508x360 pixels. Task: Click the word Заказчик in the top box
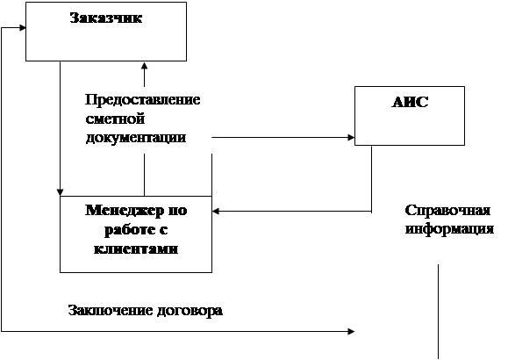(x=106, y=18)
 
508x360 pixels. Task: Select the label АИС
(x=410, y=102)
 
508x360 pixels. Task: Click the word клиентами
(x=136, y=248)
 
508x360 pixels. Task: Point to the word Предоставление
(x=142, y=99)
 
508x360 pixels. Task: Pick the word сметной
(x=115, y=119)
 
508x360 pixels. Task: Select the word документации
(x=136, y=138)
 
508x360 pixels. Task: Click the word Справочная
(x=447, y=211)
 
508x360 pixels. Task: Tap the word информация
(x=449, y=229)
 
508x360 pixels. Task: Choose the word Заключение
(x=111, y=310)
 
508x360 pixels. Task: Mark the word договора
(x=190, y=311)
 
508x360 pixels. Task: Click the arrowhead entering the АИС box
(x=351, y=138)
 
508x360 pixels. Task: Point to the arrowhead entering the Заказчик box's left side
(x=22, y=27)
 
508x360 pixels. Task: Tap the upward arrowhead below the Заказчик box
(x=144, y=65)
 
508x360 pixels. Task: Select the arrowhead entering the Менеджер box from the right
(x=216, y=212)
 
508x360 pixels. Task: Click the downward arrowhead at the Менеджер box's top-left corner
(x=60, y=192)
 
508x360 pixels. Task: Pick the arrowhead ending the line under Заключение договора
(x=351, y=331)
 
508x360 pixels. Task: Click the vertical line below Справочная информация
(x=439, y=312)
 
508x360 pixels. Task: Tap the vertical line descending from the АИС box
(x=371, y=179)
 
